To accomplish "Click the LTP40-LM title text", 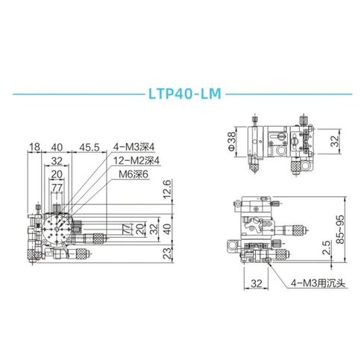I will pyautogui.click(x=182, y=96).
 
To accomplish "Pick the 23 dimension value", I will pyautogui.click(x=168, y=253).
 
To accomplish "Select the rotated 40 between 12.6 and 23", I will pyautogui.click(x=168, y=230).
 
